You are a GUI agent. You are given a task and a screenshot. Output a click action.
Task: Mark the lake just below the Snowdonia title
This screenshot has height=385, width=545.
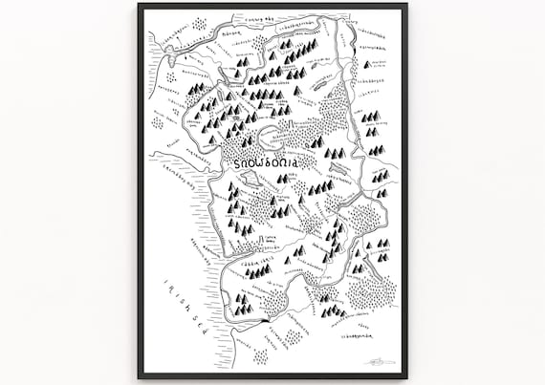[251, 179]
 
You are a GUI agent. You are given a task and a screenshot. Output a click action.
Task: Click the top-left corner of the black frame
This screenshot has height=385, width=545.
[140, 5]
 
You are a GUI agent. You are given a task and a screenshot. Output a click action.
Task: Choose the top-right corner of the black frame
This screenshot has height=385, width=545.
[404, 5]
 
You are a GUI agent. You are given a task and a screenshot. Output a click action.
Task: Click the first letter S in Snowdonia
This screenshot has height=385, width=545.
[236, 163]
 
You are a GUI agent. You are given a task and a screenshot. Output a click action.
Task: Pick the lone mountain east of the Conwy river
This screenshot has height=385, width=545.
[365, 65]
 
